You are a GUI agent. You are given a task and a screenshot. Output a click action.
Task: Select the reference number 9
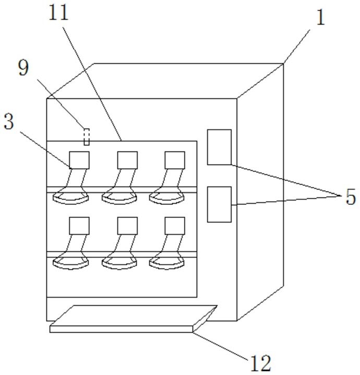[23, 67]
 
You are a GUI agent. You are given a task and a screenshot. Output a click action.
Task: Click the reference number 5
[350, 198]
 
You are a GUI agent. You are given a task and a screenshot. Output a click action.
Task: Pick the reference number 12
[259, 361]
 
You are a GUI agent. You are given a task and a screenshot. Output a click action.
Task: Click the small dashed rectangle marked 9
[87, 137]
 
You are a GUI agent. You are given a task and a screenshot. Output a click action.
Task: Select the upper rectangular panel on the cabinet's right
[220, 147]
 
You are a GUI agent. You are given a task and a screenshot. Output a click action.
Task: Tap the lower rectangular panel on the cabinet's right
[220, 204]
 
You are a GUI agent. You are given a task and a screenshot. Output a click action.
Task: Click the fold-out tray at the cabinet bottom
[133, 319]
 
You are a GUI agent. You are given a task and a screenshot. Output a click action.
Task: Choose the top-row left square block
[79, 160]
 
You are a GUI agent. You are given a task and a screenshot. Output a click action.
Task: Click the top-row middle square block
[127, 160]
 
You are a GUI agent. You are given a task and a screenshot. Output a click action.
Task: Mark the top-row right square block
[175, 160]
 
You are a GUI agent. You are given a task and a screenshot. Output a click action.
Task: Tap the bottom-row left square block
[79, 226]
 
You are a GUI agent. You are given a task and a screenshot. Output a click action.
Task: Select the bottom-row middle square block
[127, 226]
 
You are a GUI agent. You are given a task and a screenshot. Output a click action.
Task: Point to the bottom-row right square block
[175, 226]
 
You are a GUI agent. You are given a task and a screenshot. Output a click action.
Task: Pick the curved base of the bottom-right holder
[167, 264]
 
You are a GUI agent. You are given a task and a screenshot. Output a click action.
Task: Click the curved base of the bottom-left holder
[71, 264]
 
